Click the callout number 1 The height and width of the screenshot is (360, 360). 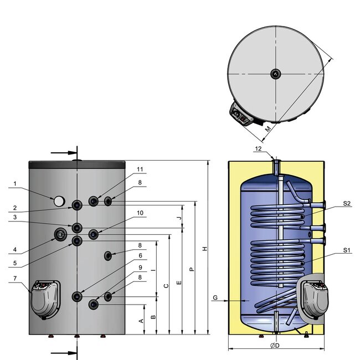coord(16,183)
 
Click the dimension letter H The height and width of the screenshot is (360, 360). coord(204,249)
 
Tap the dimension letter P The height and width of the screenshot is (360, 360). coord(192,269)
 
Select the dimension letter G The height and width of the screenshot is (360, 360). coord(215,298)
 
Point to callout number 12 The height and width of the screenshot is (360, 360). coord(258,148)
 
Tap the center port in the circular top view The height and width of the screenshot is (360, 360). coord(275,74)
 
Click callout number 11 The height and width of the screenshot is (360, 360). coord(125,169)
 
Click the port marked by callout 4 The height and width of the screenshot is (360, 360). coord(60,234)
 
